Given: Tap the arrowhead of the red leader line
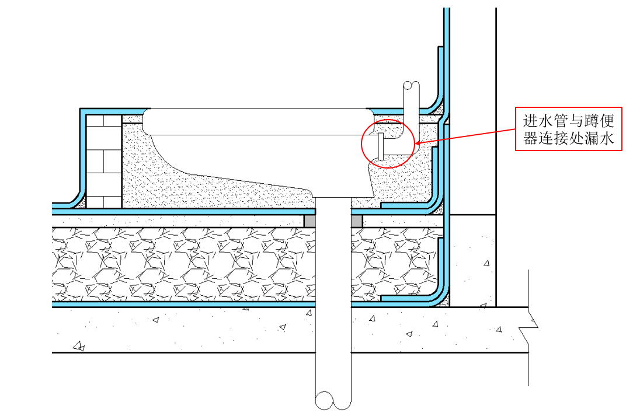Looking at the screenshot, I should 416,143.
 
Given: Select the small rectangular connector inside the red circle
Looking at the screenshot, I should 381,146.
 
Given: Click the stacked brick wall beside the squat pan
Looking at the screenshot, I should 103,161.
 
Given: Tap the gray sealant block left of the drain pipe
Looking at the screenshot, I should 309,221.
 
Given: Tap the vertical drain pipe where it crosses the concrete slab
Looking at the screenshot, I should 333,330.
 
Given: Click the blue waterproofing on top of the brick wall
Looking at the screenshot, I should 111,111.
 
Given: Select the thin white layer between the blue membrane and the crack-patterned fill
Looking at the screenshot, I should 175,221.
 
